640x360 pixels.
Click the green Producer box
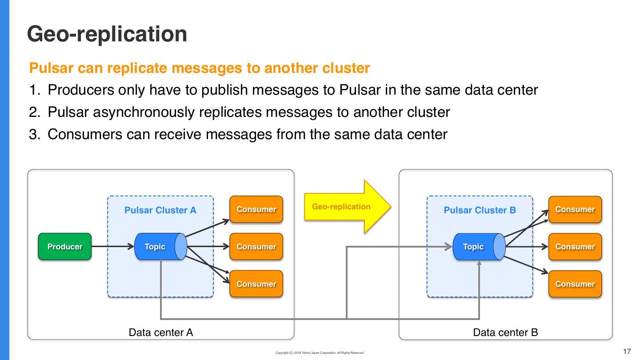pyautogui.click(x=65, y=247)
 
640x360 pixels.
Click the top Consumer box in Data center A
pyautogui.click(x=256, y=209)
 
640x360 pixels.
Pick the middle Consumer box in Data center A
pyautogui.click(x=256, y=247)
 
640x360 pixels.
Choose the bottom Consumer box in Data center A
pyautogui.click(x=256, y=284)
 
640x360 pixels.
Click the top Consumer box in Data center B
pyautogui.click(x=575, y=209)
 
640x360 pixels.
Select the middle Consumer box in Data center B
pyautogui.click(x=575, y=247)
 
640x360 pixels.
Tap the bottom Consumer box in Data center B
pyautogui.click(x=575, y=284)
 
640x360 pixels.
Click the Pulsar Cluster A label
pyautogui.click(x=160, y=210)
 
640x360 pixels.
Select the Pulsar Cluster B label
pyautogui.click(x=480, y=210)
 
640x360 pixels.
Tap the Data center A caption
pyautogui.click(x=160, y=332)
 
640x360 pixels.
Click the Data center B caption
pyautogui.click(x=505, y=332)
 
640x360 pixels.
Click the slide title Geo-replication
pyautogui.click(x=107, y=34)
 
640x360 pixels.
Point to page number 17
pyautogui.click(x=627, y=352)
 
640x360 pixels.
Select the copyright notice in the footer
pyautogui.click(x=320, y=353)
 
